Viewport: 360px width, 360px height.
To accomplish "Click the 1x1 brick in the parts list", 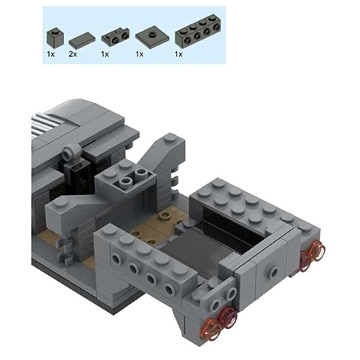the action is pyautogui.click(x=55, y=39).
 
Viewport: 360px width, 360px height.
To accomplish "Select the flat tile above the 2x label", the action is pyautogui.click(x=82, y=40).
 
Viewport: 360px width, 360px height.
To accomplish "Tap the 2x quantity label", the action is pyautogui.click(x=73, y=54).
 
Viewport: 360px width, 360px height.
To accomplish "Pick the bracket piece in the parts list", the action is pyautogui.click(x=115, y=37).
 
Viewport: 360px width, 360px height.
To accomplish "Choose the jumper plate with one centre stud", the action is pyautogui.click(x=152, y=37).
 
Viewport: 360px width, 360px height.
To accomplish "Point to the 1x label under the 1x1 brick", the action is pyautogui.click(x=50, y=54).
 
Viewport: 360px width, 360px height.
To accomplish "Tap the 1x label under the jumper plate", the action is pyautogui.click(x=140, y=54).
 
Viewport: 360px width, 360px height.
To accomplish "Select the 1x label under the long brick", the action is pyautogui.click(x=179, y=54).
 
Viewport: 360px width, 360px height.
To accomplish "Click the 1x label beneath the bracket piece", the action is pyautogui.click(x=105, y=54).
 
